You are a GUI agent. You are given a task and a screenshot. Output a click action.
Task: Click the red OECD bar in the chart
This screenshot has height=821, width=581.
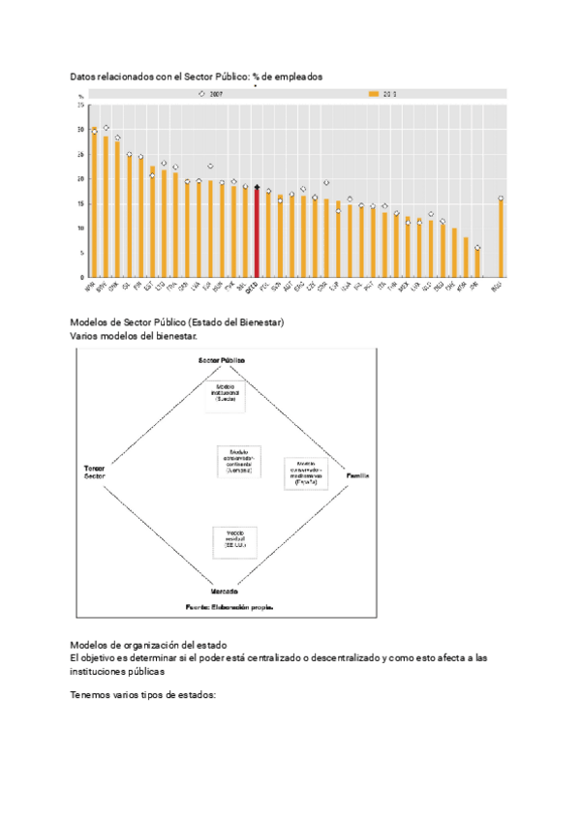pos(257,232)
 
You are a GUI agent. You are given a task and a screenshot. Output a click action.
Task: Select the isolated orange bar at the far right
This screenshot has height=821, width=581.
pos(501,238)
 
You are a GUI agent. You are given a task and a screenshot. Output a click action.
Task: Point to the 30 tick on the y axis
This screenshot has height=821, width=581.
pos(81,130)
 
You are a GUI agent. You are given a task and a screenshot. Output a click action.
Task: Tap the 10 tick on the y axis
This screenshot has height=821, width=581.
pos(81,228)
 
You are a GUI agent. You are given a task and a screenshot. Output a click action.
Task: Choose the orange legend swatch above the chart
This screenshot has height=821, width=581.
pos(374,94)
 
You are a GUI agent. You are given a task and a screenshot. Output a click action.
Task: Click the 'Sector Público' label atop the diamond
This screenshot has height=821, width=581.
pos(222,360)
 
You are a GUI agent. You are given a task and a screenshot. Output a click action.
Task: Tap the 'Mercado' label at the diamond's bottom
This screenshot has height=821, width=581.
pos(224,591)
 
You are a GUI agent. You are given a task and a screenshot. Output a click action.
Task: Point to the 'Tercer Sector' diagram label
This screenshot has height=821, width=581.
pos(94,472)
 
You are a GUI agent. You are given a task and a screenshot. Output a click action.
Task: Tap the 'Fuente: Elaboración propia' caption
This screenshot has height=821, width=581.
pos(229,607)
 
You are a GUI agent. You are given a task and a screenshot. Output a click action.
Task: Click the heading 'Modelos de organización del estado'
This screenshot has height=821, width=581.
pos(148,645)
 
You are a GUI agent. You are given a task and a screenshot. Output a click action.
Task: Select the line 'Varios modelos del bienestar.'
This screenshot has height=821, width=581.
pos(134,336)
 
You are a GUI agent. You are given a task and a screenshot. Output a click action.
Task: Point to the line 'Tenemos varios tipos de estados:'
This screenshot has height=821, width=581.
pos(143,695)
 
